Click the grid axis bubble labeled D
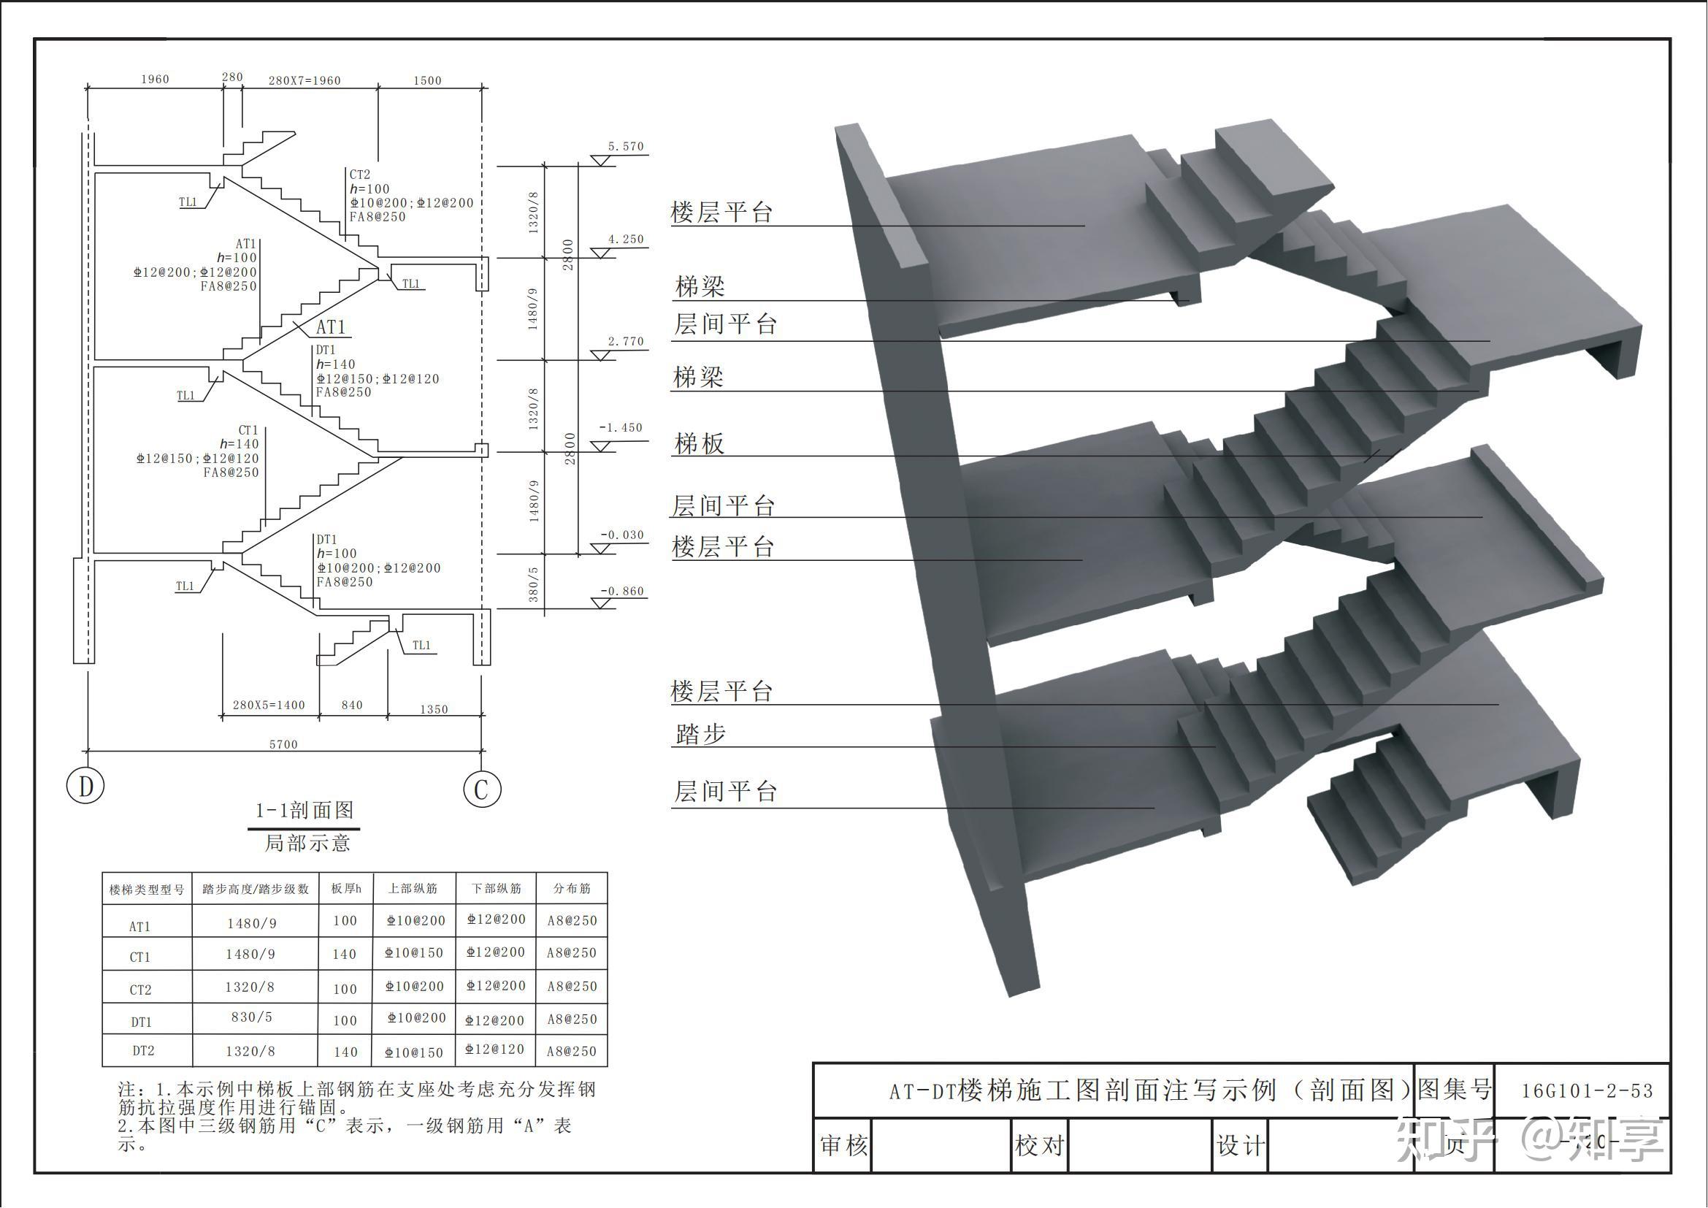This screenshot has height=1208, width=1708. coord(85,787)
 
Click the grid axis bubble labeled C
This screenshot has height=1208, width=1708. coord(482,790)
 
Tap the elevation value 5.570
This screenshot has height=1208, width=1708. coord(626,147)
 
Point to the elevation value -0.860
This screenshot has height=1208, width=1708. coord(622,592)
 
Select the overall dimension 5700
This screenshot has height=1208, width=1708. coord(283,743)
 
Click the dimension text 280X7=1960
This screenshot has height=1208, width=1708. coord(305,80)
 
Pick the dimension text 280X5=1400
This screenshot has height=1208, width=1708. coord(269,706)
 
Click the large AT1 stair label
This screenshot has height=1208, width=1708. coord(330,327)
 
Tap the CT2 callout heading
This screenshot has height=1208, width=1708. coord(360,175)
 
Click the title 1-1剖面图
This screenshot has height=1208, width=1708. coord(305,810)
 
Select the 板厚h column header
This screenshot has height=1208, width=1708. coord(346,889)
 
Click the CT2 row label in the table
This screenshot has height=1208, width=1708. coord(141,990)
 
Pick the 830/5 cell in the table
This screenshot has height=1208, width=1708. coord(251,1017)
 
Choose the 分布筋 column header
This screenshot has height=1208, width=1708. coord(571,889)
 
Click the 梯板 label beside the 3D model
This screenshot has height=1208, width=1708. coord(699,444)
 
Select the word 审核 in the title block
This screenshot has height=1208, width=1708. coord(843,1145)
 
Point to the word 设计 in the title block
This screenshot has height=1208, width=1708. coord(1240,1145)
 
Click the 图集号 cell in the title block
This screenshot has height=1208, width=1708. coord(1455,1090)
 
